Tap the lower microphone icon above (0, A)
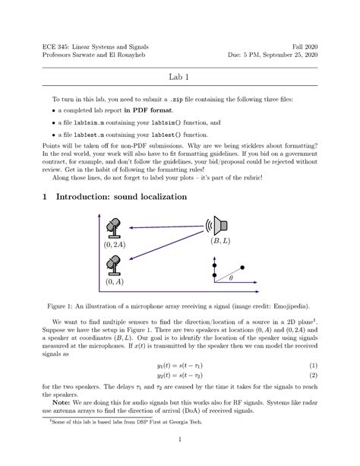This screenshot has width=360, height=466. [x=113, y=265]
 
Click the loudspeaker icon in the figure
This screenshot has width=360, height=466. [x=218, y=225]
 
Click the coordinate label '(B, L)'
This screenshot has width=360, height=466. [x=222, y=242]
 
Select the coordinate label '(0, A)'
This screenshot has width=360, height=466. [x=114, y=281]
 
